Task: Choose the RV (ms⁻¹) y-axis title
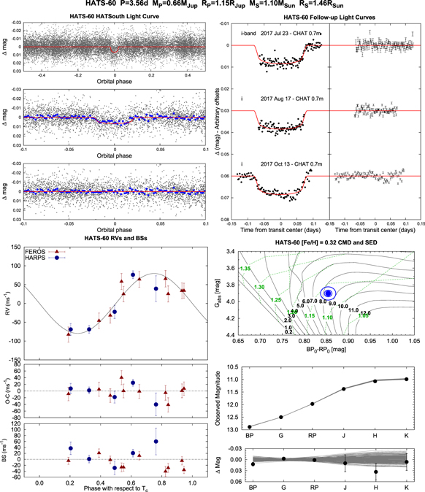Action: [x=7, y=297]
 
